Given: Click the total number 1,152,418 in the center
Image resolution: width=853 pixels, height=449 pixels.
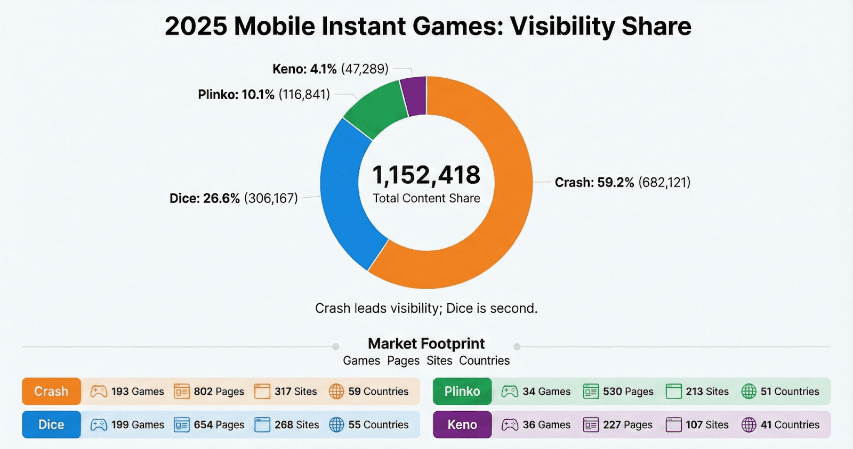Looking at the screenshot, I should coord(426,175).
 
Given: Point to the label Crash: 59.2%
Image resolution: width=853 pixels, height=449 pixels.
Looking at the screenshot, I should coord(594,183).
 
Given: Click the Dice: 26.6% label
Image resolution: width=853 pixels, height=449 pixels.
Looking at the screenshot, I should coord(205,199).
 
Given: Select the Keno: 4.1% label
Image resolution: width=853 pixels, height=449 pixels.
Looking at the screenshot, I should coord(304,69).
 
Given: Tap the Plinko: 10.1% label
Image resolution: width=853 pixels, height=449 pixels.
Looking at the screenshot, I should coord(236,95).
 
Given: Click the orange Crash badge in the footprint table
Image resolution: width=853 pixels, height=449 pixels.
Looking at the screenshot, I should coord(51,391).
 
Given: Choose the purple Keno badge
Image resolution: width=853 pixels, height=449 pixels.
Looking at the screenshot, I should coord(462,424).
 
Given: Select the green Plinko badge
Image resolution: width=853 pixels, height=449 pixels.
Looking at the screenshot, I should coord(462,391).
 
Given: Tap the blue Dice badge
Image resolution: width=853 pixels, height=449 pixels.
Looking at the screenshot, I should coord(51,424).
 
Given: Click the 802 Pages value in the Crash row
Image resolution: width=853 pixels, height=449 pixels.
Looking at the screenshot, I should coord(219,391).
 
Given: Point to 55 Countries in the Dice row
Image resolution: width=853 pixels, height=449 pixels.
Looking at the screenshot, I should coord(378,424).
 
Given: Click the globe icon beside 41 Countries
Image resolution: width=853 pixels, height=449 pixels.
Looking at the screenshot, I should coord(749,424).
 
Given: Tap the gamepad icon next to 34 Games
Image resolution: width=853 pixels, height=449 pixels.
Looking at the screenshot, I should coord(510,391).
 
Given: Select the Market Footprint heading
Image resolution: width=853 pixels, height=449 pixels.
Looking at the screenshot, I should coord(426,344).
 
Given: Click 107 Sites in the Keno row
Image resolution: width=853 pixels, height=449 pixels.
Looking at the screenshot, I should coord(707,424).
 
